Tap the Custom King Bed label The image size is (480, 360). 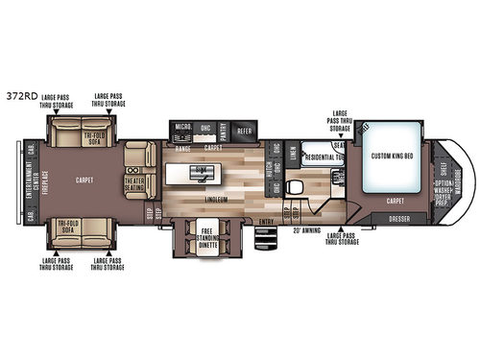[391, 156]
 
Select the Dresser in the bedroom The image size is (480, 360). [400, 218]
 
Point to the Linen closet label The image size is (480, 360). [292, 154]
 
